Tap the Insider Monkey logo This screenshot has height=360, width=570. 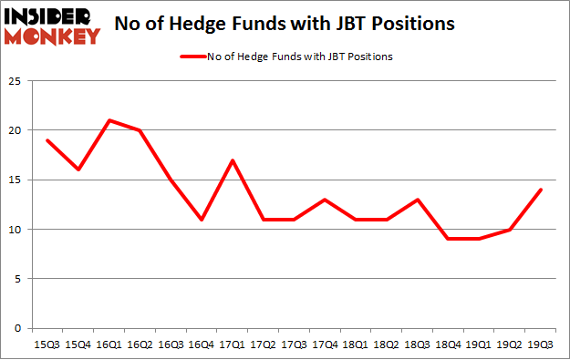tap(53, 25)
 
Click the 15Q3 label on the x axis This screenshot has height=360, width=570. tap(47, 345)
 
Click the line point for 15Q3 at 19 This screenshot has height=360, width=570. tap(47, 140)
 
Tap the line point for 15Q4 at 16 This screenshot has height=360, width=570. tap(79, 170)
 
